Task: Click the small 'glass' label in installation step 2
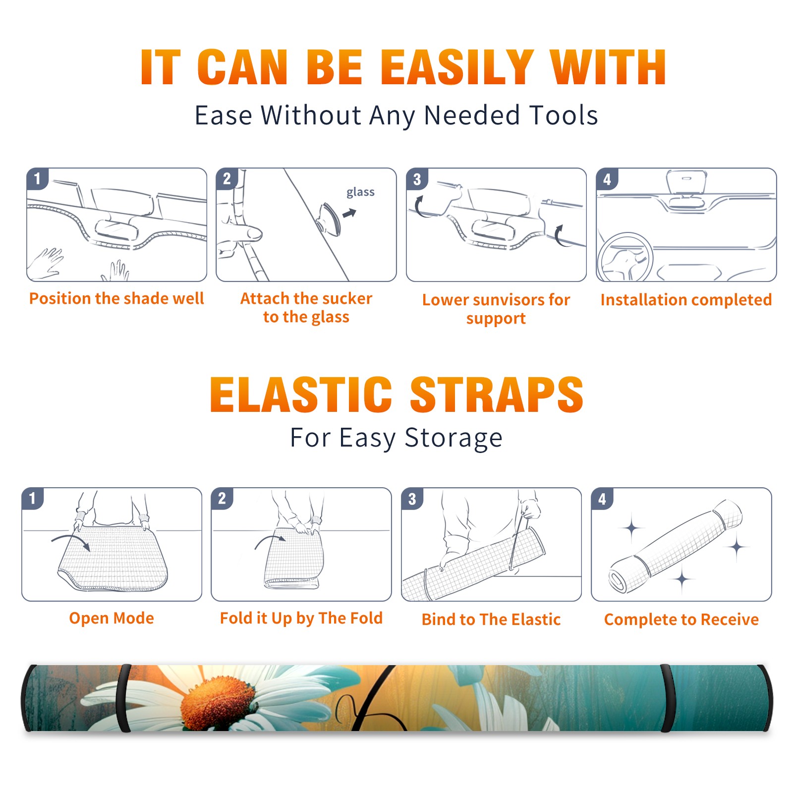(360, 192)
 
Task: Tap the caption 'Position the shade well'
(116, 298)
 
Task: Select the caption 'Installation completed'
(686, 300)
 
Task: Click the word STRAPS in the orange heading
(497, 395)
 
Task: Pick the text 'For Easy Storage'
(396, 438)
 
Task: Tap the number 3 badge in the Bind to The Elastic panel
(412, 499)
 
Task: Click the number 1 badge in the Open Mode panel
(33, 498)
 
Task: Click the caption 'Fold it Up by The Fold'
(301, 618)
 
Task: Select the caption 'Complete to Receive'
(681, 620)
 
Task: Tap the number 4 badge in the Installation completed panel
(607, 179)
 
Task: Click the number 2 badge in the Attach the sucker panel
(227, 179)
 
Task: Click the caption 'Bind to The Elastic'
(491, 620)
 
